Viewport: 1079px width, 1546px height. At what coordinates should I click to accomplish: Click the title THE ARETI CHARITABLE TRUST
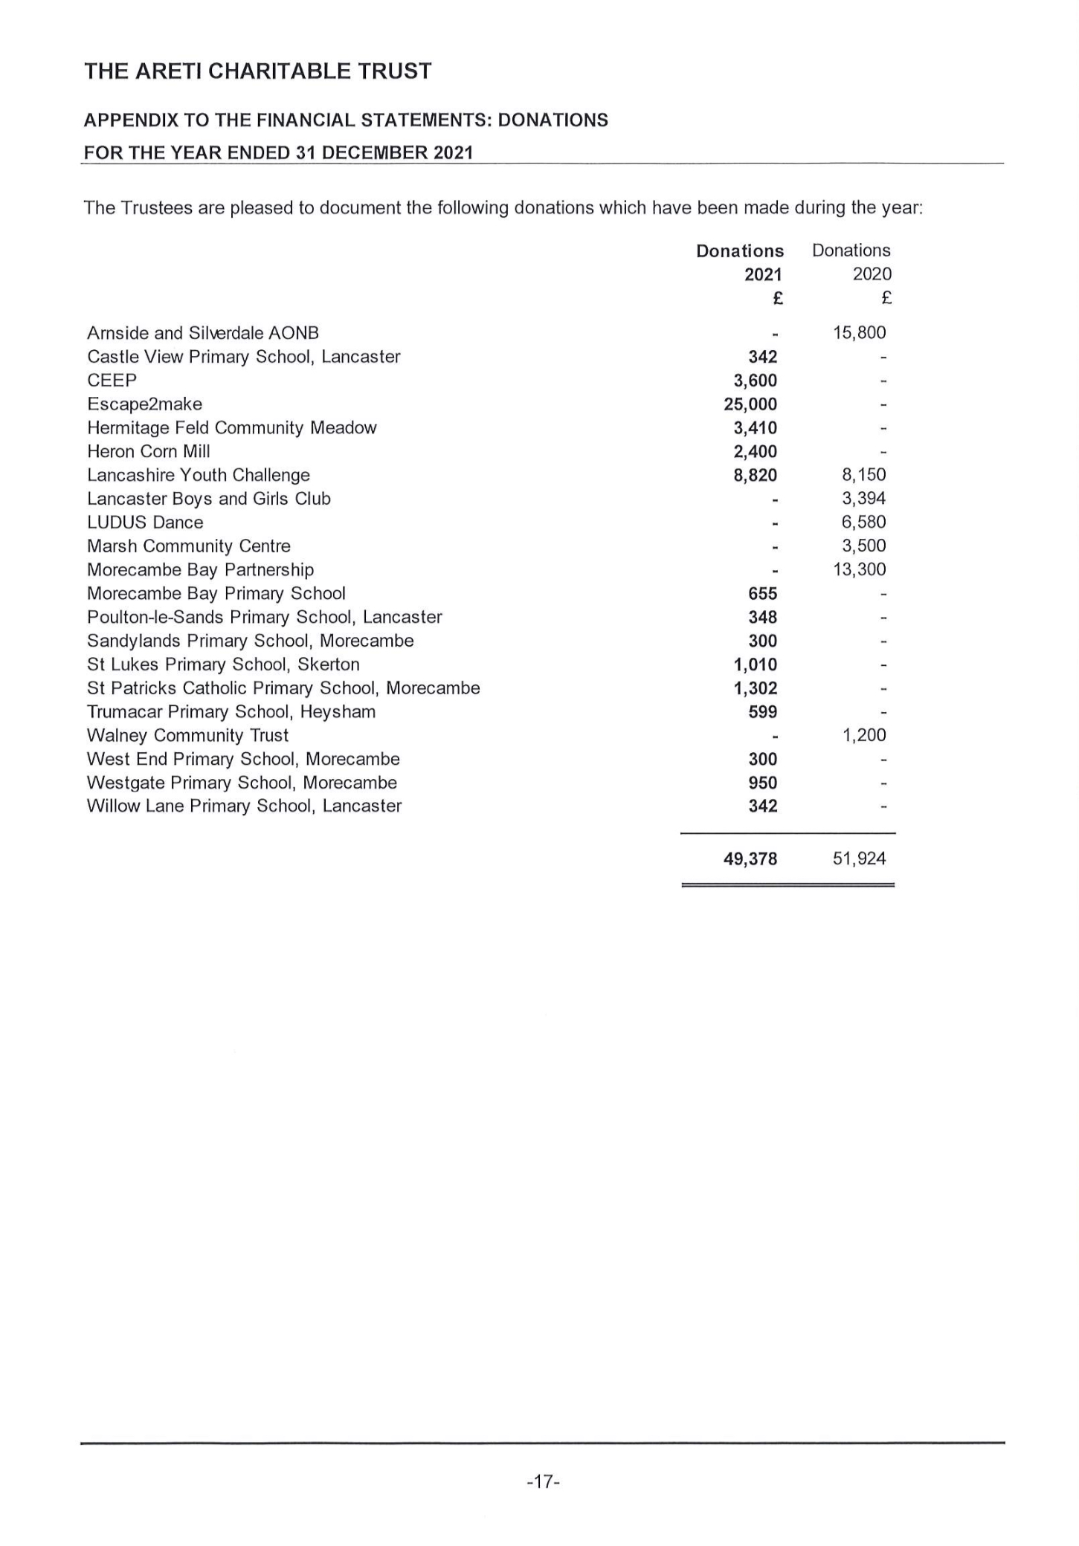click(257, 71)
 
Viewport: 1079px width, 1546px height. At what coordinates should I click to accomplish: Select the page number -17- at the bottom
click(543, 1481)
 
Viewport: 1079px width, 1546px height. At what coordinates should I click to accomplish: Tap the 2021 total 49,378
click(750, 859)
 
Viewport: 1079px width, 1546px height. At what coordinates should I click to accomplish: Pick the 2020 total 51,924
click(860, 859)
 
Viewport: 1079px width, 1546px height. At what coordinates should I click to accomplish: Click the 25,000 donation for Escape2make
click(750, 404)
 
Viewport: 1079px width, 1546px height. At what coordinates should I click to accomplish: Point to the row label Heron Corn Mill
click(149, 452)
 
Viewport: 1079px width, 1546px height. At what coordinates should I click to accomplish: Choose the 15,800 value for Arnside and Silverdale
click(860, 333)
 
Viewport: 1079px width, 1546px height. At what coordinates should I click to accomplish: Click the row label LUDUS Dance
click(145, 523)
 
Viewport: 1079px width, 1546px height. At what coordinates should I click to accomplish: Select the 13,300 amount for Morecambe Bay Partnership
click(860, 570)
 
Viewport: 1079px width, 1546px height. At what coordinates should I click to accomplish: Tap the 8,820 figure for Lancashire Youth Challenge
click(756, 476)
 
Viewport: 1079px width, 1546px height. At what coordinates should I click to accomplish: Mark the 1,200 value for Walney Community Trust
click(864, 736)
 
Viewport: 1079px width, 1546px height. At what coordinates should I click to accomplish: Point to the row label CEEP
click(112, 381)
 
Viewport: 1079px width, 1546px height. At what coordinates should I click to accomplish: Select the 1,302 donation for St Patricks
click(756, 688)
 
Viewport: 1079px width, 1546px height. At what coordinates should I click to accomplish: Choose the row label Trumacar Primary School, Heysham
click(231, 712)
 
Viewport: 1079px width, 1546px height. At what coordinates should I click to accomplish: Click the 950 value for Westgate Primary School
click(763, 783)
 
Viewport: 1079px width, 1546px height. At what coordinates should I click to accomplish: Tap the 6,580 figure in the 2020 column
click(864, 523)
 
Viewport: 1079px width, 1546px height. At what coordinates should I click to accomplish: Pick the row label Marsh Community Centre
click(189, 546)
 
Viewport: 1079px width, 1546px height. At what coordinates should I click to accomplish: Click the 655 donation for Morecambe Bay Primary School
click(763, 594)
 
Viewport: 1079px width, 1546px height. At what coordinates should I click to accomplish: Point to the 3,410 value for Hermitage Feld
click(756, 428)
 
